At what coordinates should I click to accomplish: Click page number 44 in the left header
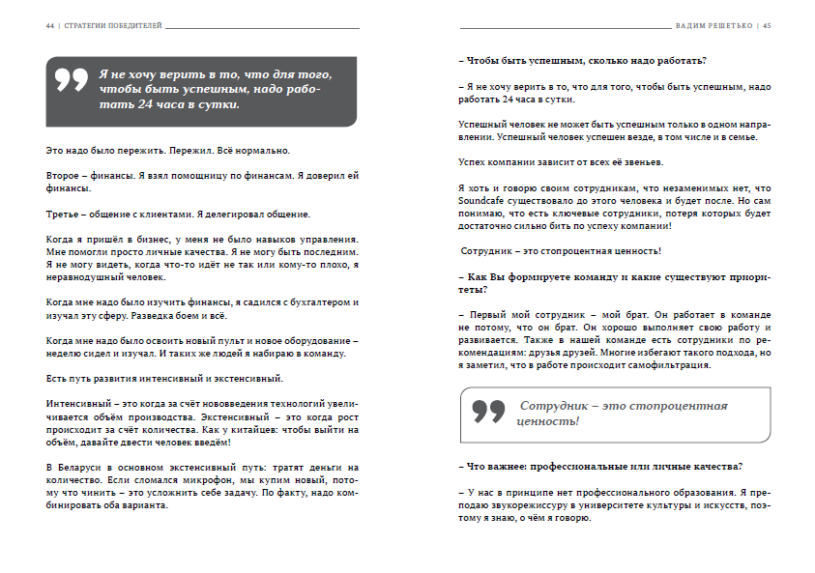49,27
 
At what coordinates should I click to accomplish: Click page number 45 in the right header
766,27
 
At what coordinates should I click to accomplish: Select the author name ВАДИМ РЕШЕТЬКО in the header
715,27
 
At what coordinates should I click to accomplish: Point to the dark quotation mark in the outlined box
489,411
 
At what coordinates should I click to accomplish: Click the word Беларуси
80,469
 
